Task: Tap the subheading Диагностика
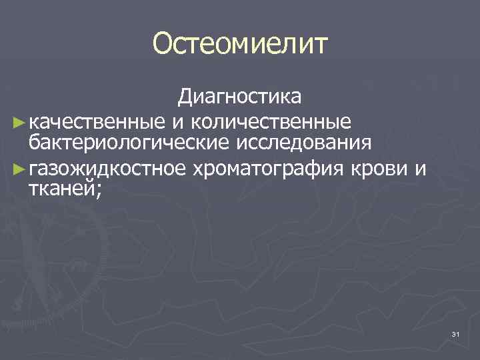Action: tap(239, 98)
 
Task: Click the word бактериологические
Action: tap(127, 142)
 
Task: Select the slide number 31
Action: tap(455, 333)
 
